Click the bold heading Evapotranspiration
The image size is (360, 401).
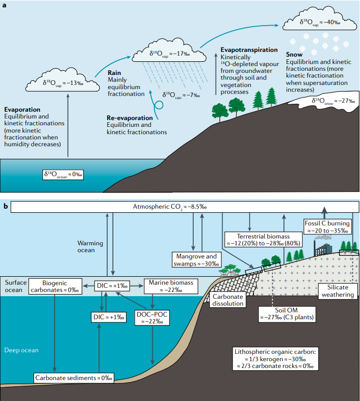[249, 49]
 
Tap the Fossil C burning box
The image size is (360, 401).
[327, 227]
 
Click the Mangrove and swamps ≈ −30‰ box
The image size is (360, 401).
[196, 259]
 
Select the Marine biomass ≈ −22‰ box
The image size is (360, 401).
[171, 286]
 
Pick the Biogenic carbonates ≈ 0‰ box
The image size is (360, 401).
[55, 286]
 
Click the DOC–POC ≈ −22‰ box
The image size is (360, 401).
[152, 317]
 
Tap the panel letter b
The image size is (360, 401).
[5, 207]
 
